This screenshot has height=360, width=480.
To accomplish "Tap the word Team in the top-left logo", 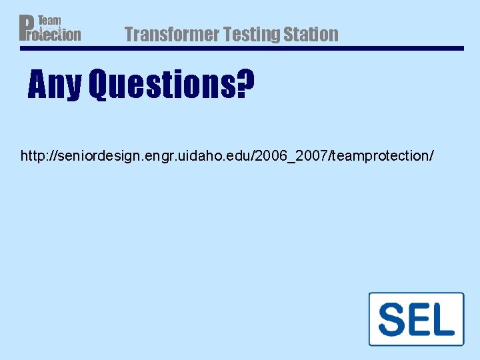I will pyautogui.click(x=49, y=21).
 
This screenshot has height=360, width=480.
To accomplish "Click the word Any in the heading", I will pyautogui.click(x=54, y=85).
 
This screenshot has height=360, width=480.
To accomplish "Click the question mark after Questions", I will pyautogui.click(x=245, y=84).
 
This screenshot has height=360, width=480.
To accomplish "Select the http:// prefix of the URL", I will pyautogui.click(x=37, y=156).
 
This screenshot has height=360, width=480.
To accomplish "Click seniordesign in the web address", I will pyautogui.click(x=89, y=156).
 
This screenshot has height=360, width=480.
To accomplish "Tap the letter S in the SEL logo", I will pyautogui.click(x=393, y=319).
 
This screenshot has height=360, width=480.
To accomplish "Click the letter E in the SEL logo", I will pyautogui.click(x=419, y=319).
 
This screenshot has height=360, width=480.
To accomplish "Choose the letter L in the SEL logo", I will pyautogui.click(x=443, y=319).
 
